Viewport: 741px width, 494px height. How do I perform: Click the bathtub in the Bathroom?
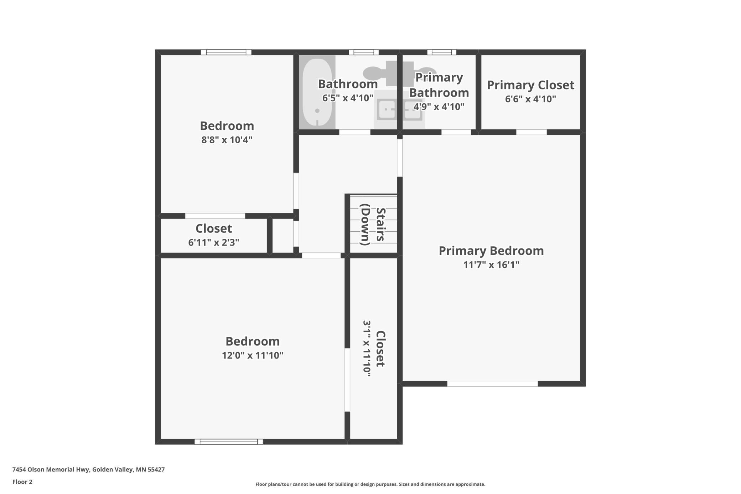coord(317,92)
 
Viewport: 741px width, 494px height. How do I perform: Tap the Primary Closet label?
coord(530,85)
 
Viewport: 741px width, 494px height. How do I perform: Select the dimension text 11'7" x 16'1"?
coord(491,265)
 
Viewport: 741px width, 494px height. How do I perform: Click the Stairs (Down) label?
coord(373,225)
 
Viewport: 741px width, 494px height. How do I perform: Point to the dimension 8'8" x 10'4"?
coord(227,140)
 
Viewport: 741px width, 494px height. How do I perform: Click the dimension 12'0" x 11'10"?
coord(253,355)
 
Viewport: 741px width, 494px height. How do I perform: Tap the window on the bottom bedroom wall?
coord(229,442)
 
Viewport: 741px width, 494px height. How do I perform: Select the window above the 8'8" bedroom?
coord(226,52)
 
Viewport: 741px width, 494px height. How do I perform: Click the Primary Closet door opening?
coord(532,132)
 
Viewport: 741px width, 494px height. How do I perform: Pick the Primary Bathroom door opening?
coord(456,132)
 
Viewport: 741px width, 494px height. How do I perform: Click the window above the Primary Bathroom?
coord(442,52)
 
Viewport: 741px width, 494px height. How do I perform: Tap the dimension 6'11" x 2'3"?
coord(214,242)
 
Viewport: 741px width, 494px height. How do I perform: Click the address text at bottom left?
coord(89,469)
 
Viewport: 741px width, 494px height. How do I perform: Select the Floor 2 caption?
coord(22,482)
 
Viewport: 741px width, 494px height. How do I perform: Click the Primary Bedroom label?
coord(491,251)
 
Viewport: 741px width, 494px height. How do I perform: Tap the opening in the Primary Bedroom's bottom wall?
coord(492,384)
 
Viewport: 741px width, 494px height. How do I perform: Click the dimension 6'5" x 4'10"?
coord(348,98)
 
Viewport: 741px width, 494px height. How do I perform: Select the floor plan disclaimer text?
coord(370,484)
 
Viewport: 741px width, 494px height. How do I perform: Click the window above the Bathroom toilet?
coord(364,52)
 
